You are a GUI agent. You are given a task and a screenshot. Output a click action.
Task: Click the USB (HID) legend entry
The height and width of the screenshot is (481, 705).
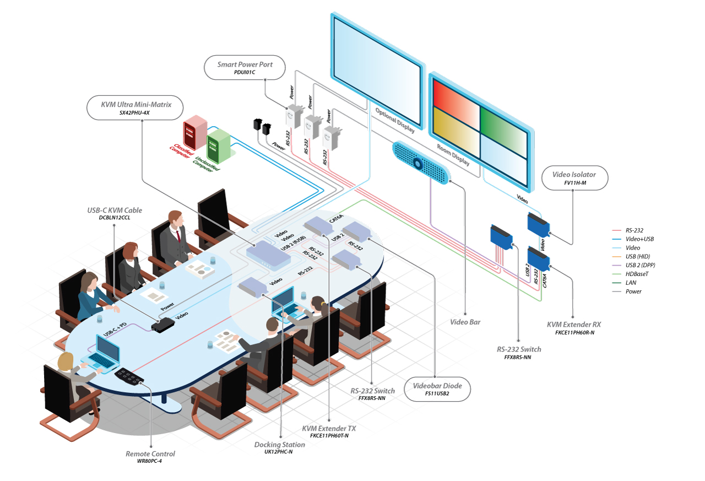[x=637, y=256]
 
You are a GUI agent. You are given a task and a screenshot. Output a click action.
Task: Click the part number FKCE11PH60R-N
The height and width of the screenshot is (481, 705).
[x=574, y=333]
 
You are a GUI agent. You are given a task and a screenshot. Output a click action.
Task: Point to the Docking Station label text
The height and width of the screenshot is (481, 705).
[x=279, y=445]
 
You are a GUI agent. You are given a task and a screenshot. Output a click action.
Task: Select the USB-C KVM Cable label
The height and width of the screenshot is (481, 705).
[x=114, y=210]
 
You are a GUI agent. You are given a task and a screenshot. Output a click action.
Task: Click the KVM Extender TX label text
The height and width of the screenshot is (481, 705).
[x=329, y=428]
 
